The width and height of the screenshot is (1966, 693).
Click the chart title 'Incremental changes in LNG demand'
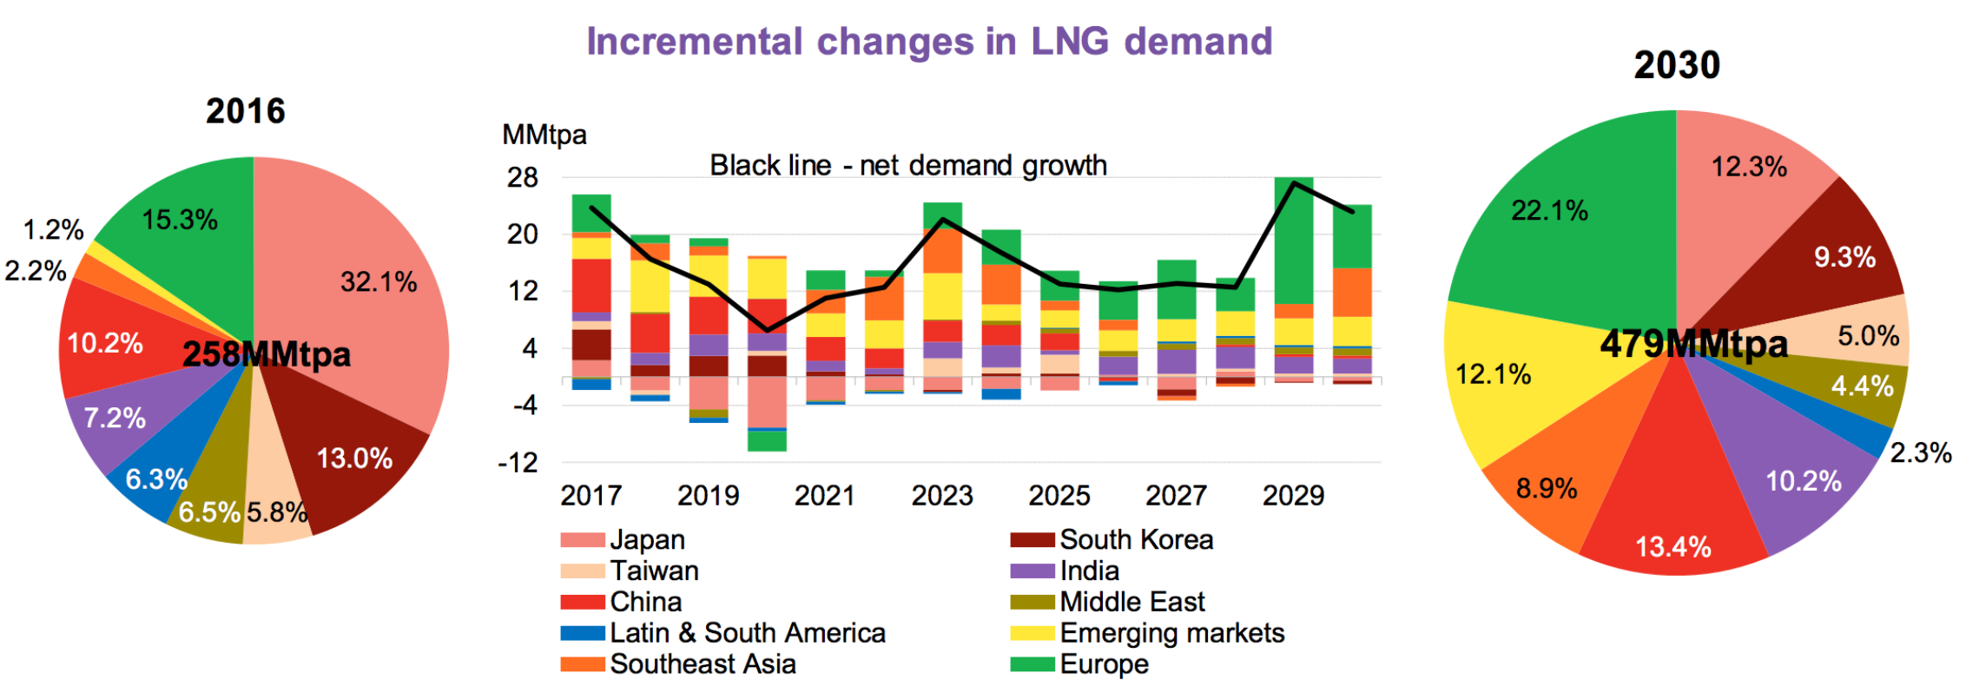929,42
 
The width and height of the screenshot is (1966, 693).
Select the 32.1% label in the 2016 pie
379,281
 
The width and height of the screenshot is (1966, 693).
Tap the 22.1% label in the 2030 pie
1549,210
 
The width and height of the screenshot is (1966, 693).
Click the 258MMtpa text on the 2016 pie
267,354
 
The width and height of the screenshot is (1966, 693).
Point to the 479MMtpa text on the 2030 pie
1694,344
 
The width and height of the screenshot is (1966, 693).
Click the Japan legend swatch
582,540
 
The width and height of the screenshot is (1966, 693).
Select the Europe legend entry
1104,664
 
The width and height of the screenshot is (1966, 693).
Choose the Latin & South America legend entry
747,633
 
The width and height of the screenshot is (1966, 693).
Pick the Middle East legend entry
1131,602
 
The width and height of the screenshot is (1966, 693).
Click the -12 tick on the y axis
518,463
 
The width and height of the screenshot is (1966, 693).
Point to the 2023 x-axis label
942,496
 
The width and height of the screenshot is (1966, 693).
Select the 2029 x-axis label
1293,496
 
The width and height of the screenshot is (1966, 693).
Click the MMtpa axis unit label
544,135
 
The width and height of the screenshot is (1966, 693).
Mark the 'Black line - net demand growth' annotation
908,165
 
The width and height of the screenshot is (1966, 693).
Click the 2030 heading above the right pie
1677,65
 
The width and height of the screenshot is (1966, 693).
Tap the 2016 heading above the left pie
246,111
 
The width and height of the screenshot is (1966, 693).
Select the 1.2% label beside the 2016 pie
53,230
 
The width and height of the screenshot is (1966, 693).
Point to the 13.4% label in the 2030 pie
1673,547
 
